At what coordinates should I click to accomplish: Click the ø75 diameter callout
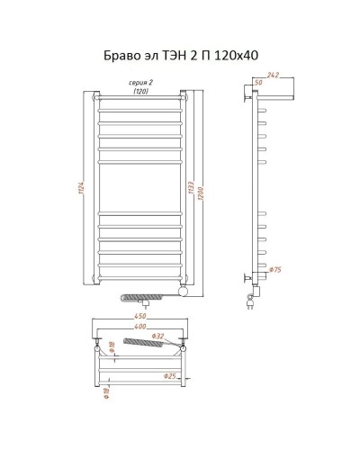(276, 270)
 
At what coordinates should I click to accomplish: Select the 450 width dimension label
(139, 315)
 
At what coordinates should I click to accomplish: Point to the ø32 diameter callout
(160, 337)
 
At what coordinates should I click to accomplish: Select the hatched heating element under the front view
(149, 294)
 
